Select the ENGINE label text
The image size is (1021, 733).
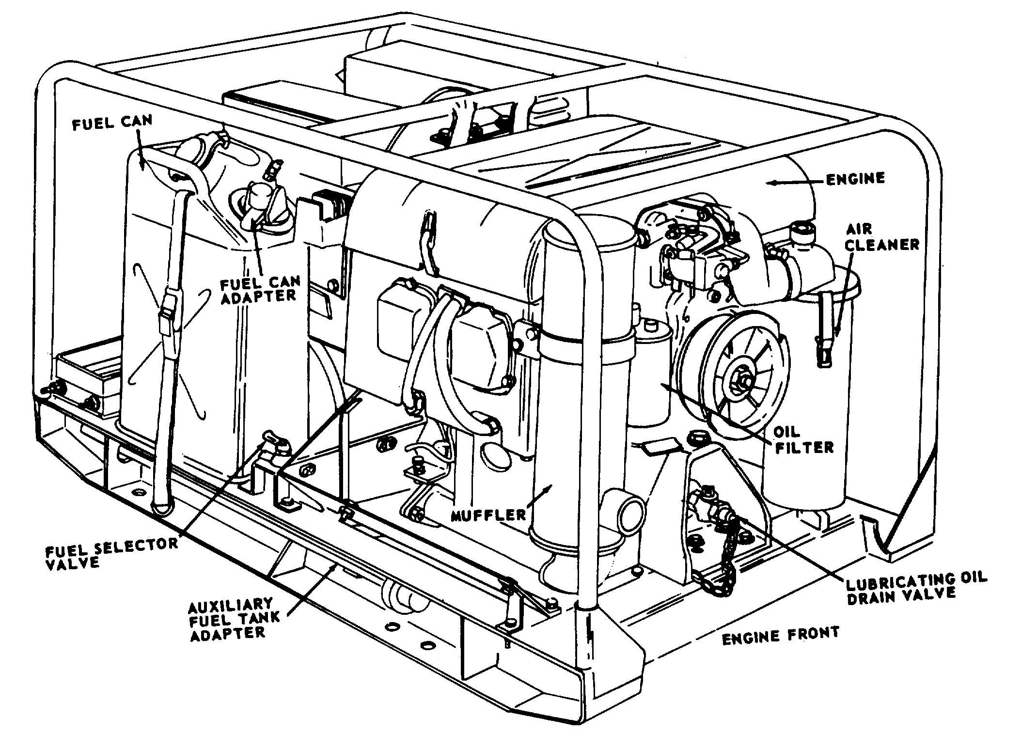(855, 179)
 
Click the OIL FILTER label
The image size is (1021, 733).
(804, 439)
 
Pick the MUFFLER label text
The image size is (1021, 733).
(488, 514)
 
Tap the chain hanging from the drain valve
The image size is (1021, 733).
(717, 557)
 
